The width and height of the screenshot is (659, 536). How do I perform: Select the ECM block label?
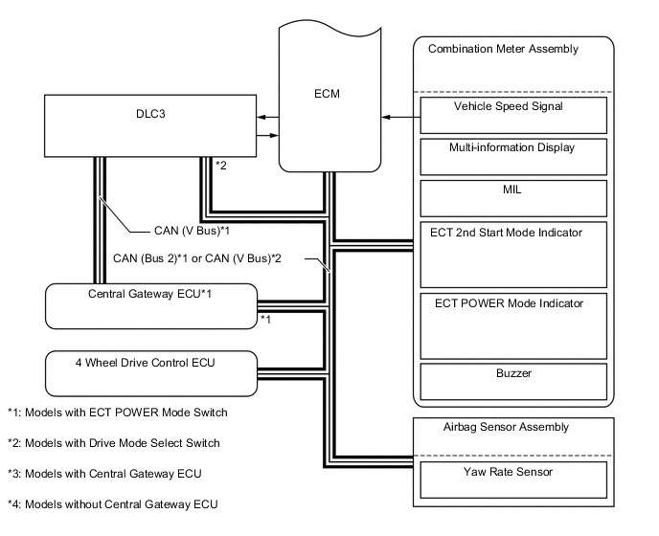tap(325, 94)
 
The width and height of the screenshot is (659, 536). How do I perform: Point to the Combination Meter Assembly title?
tap(503, 48)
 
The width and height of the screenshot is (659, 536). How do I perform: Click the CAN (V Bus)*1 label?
tap(193, 230)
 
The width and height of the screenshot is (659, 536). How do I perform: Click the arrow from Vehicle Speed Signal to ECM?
tap(400, 117)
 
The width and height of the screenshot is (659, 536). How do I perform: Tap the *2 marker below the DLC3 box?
tap(221, 166)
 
